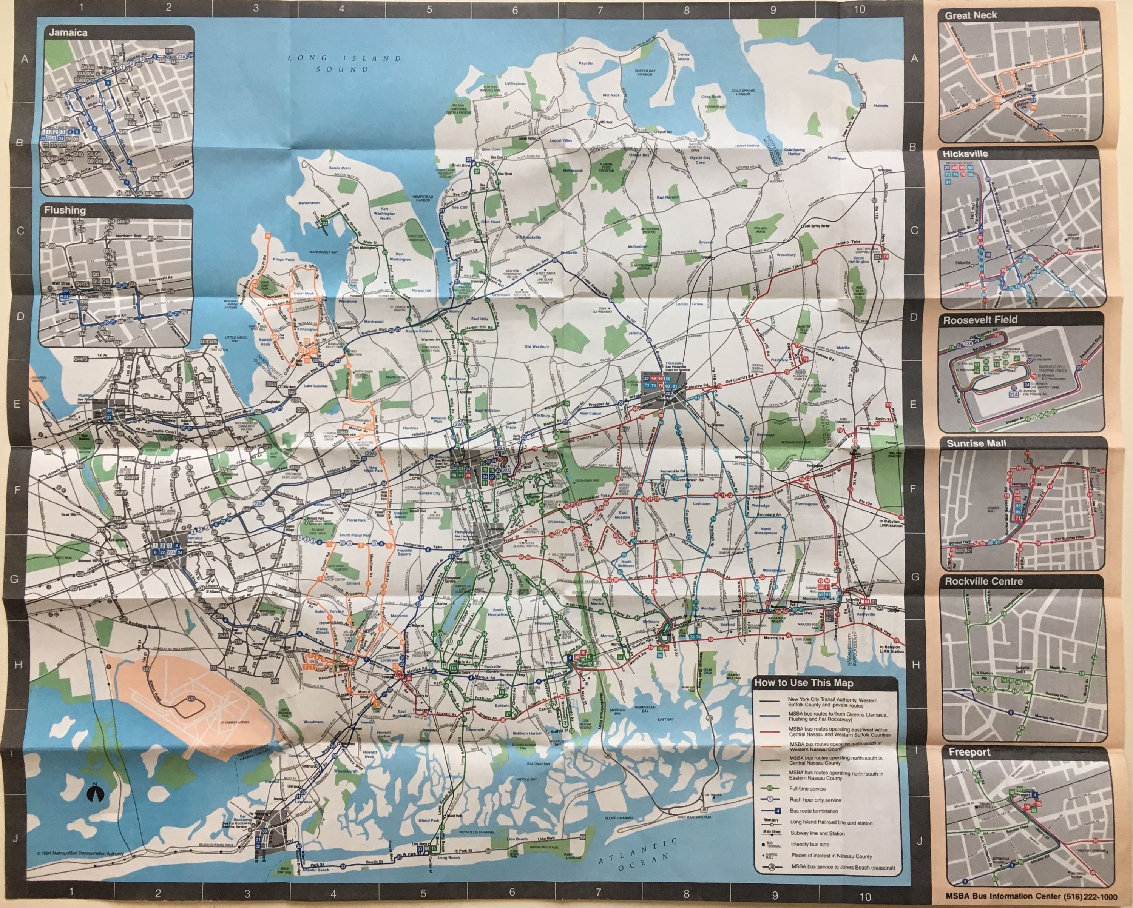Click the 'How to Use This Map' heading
click(804, 683)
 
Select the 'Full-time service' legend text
click(807, 789)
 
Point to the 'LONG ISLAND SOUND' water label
click(344, 63)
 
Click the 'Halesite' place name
click(881, 106)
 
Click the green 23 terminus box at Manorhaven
click(325, 223)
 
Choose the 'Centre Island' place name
click(683, 57)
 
